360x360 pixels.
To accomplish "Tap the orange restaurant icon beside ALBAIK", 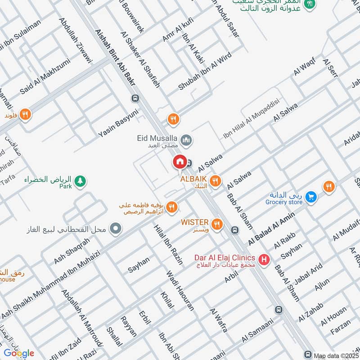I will pos(216,180).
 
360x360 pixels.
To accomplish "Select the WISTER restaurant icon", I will pos(217,224).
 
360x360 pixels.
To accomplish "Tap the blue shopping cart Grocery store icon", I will pos(310,197).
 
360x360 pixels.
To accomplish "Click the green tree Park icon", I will pos(81,181).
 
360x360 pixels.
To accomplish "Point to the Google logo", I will pos(19,353).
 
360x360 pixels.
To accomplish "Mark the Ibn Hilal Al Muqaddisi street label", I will pos(252,119).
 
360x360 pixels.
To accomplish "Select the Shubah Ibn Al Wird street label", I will pos(205,71).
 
